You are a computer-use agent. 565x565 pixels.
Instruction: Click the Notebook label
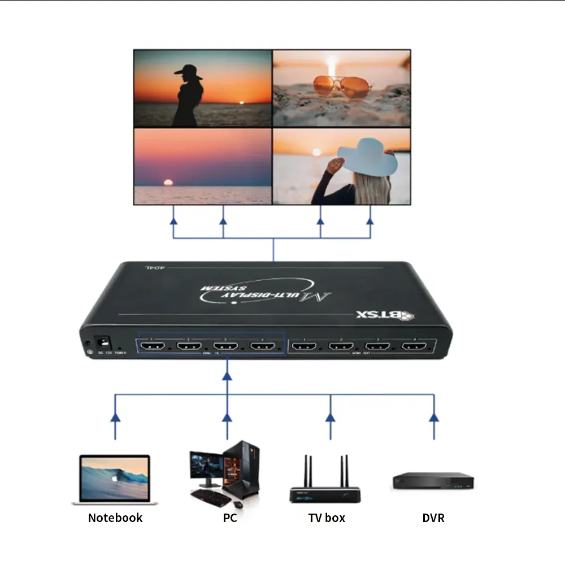pos(115,518)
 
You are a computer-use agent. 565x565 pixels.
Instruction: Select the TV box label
pos(327,518)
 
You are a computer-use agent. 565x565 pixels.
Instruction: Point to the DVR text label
pos(433,518)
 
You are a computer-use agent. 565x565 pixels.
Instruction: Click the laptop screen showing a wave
pos(115,477)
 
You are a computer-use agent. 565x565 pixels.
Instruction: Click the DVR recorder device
pos(433,481)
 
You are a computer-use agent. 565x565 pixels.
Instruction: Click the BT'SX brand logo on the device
pos(385,315)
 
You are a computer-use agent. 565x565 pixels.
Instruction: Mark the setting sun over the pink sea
pos(167,182)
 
